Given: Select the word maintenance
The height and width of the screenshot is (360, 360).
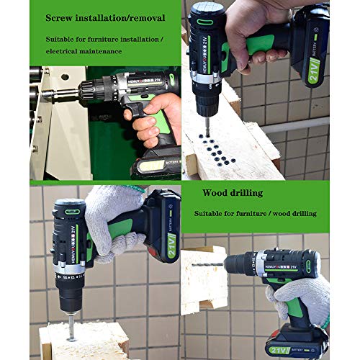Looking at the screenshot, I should (x=101, y=51).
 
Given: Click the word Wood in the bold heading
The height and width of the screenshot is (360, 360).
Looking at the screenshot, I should (x=214, y=193).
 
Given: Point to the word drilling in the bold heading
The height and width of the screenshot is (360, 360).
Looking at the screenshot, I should (x=245, y=193).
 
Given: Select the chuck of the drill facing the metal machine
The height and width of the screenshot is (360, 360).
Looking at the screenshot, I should (x=89, y=92).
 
